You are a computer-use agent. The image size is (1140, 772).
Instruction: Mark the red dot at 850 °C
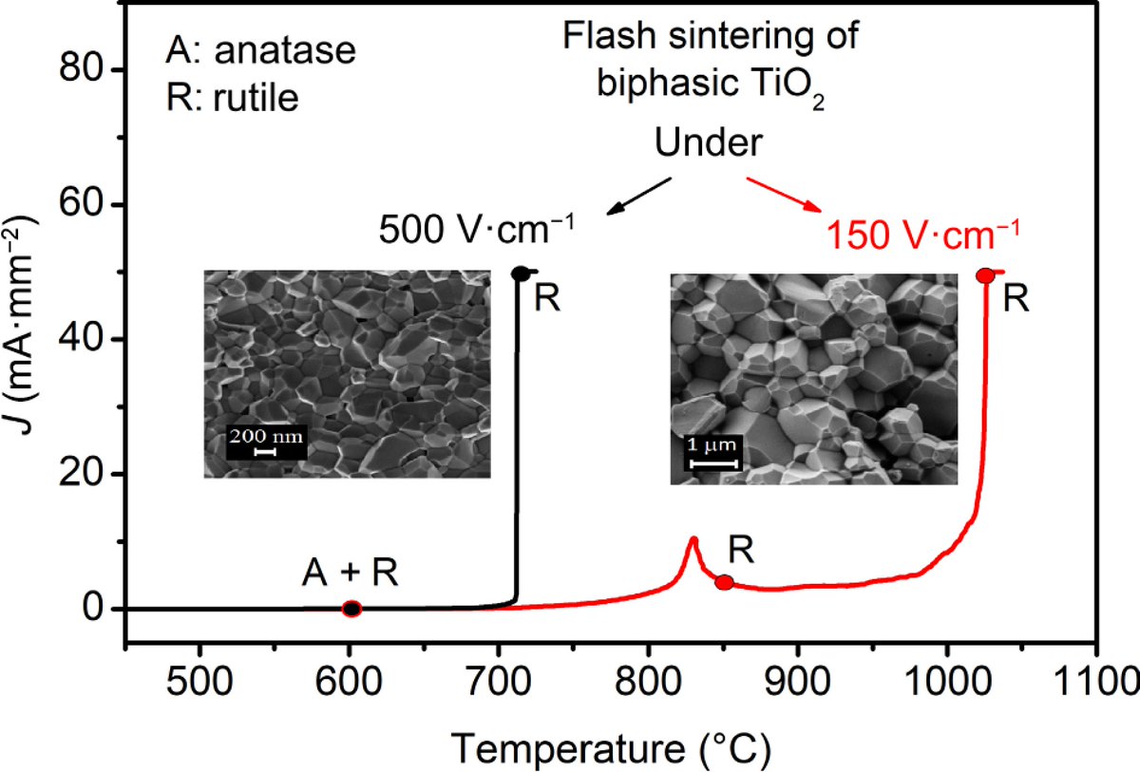coord(724,582)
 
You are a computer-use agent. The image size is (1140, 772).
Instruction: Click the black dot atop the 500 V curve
coord(521,273)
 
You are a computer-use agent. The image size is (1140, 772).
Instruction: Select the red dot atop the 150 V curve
coord(985,275)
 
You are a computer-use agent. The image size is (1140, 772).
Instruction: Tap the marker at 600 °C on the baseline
coord(351,609)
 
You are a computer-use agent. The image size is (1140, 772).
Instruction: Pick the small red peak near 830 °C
coord(693,540)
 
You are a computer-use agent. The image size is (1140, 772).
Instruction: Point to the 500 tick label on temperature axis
coord(199,681)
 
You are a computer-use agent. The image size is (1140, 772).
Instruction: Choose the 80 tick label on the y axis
coord(84,71)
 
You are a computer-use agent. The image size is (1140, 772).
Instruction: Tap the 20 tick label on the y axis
coord(84,475)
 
